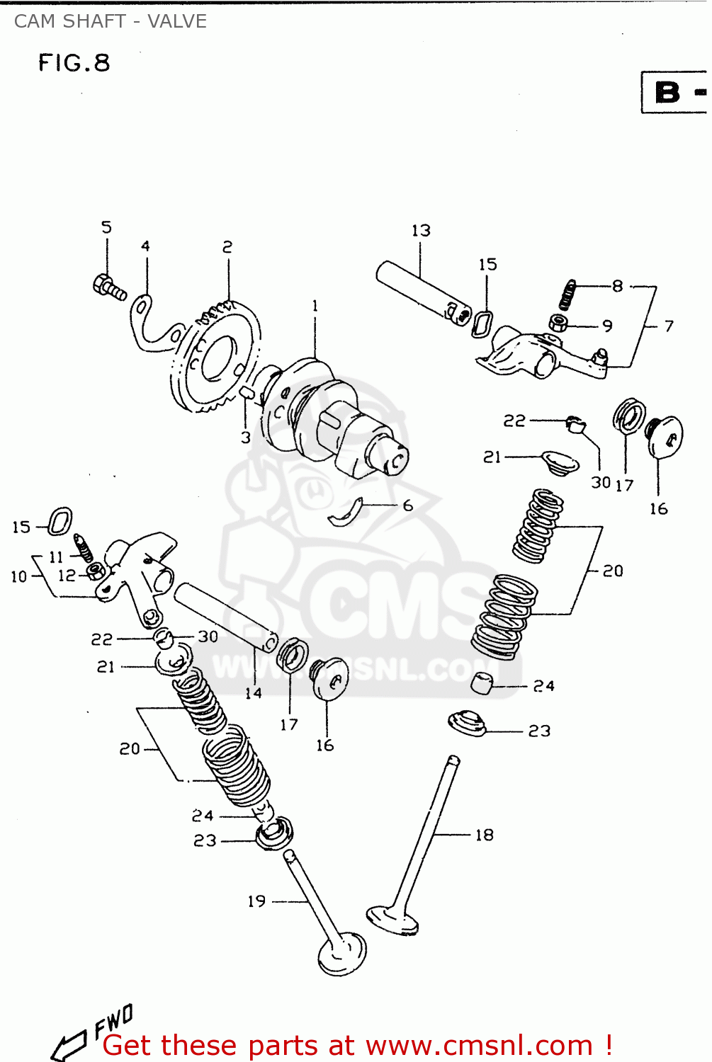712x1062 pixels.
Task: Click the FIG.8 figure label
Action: (74, 63)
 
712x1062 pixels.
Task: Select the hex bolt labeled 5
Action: (108, 287)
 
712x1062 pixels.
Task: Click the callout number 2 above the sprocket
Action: (227, 247)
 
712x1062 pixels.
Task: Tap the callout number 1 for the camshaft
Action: (315, 306)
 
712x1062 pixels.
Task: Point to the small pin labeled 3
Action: (247, 392)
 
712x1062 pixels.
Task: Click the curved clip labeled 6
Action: (345, 513)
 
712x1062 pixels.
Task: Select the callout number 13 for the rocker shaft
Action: (421, 231)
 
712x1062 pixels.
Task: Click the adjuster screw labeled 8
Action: (567, 294)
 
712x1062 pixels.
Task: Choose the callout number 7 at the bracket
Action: (668, 326)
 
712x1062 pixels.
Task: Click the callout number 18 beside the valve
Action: (484, 835)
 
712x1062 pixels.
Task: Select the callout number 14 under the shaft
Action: (253, 694)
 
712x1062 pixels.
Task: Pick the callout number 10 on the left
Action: (18, 576)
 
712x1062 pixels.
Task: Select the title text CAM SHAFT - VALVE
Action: (111, 21)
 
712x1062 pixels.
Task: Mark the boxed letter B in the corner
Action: (668, 93)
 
